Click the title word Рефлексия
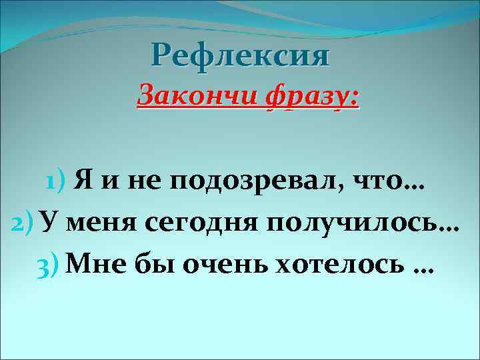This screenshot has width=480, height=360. click(240, 55)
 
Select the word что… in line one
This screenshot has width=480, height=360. click(398, 179)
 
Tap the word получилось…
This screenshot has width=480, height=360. click(363, 223)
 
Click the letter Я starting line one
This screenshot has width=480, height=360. click(82, 179)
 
